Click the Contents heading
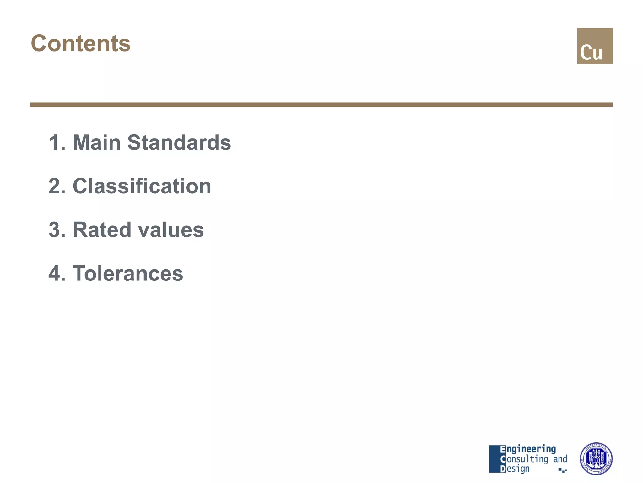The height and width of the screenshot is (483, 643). tap(81, 43)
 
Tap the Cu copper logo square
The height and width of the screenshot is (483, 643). tap(594, 46)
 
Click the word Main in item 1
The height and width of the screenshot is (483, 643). tap(96, 142)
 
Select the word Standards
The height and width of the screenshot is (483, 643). tap(179, 142)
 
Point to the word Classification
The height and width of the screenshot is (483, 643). tap(142, 186)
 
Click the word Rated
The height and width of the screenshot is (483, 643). tap(102, 230)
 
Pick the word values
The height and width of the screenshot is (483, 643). tap(171, 230)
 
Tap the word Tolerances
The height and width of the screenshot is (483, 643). tap(128, 273)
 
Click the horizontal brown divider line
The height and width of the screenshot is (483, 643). tap(321, 104)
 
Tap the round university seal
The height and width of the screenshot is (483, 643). tap(596, 459)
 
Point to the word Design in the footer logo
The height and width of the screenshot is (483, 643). tap(515, 469)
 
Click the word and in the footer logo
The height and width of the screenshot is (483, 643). tap(560, 459)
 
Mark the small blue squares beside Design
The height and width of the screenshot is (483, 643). tap(562, 470)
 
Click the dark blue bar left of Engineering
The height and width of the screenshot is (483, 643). tap(494, 459)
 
